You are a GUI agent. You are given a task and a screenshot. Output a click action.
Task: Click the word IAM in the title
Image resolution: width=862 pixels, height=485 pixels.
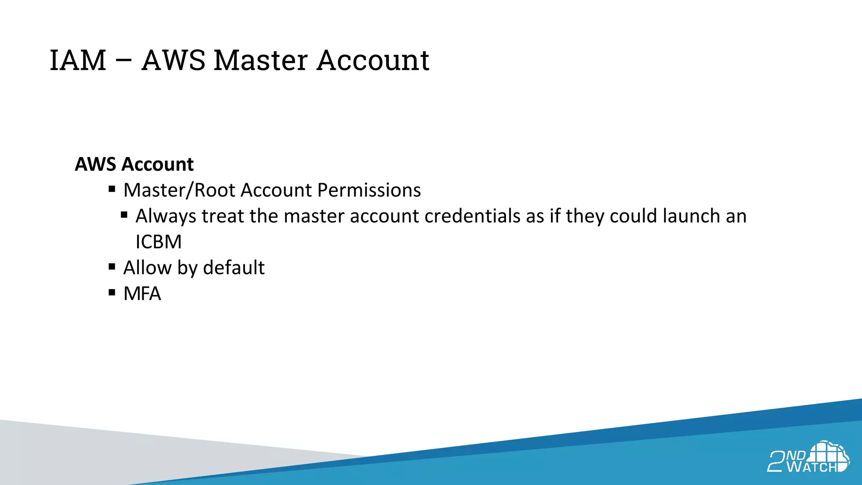click(78, 60)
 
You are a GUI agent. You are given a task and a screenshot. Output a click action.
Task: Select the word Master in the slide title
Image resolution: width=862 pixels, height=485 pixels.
click(261, 60)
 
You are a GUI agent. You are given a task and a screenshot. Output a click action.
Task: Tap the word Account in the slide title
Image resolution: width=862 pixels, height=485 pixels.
click(373, 60)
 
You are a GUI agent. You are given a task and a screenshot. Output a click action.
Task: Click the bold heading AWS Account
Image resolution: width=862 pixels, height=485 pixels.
click(134, 164)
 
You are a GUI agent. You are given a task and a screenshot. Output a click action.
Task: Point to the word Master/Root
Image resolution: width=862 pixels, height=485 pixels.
click(179, 190)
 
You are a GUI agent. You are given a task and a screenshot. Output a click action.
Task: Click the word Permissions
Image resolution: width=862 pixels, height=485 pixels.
click(369, 190)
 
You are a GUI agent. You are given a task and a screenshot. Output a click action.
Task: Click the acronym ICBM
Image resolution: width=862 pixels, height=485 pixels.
click(158, 242)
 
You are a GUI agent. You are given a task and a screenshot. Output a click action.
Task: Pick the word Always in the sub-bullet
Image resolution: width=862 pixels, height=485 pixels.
click(166, 216)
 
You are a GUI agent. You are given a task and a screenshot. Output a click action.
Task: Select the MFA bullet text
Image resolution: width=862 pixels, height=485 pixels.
click(142, 294)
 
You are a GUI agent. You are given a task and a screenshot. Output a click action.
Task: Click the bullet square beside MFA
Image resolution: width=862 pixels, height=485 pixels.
click(112, 293)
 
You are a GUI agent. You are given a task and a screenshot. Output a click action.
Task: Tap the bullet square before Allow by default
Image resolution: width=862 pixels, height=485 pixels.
click(112, 266)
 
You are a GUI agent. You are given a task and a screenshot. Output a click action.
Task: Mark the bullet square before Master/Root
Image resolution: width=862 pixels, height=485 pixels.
click(112, 189)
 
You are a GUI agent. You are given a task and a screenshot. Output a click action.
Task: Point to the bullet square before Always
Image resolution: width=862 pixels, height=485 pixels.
click(124, 215)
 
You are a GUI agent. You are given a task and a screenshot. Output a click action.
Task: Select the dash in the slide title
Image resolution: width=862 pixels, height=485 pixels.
click(124, 60)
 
